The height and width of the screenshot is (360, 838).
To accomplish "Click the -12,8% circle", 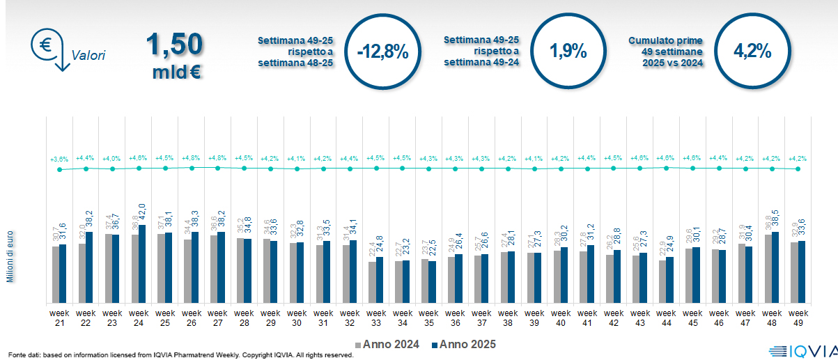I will (x=382, y=52).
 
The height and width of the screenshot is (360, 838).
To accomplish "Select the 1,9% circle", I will (x=568, y=52).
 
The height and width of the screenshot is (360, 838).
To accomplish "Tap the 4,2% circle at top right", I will (x=752, y=52).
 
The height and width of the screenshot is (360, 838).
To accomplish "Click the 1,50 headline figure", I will (x=175, y=45).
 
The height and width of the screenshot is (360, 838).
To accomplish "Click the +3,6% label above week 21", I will (x=59, y=159).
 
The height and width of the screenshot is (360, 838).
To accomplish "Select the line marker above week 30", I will (x=297, y=169).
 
